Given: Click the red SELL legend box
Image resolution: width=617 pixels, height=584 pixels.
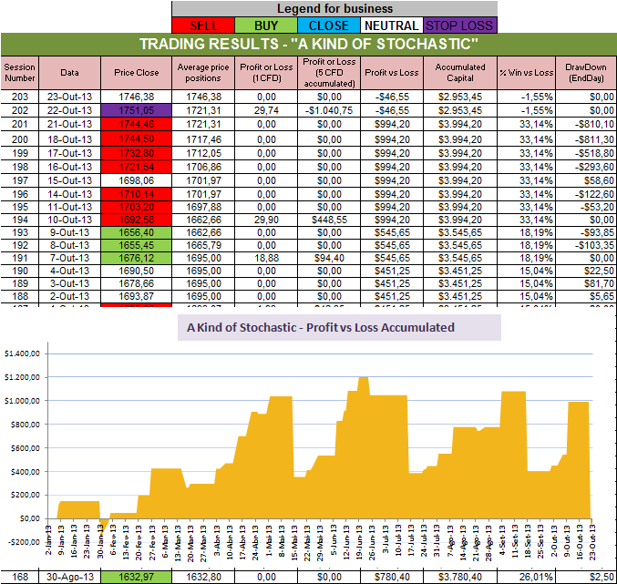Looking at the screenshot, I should [x=202, y=26].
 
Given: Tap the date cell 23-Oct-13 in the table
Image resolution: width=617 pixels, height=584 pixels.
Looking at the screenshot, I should [x=69, y=95].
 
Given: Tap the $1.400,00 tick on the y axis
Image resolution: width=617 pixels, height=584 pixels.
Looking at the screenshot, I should [x=22, y=353].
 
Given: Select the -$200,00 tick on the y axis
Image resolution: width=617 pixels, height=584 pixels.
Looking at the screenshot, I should [x=22, y=542].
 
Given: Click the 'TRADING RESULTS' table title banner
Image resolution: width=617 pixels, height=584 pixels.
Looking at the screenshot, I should [x=308, y=44].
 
